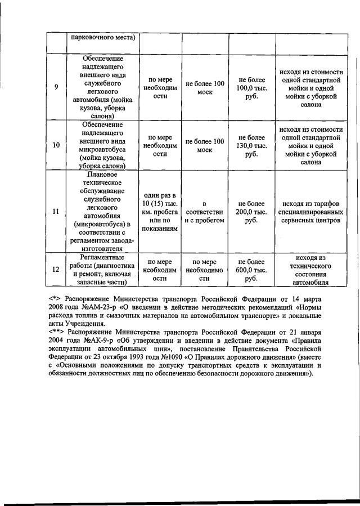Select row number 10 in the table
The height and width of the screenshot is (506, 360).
tap(56, 145)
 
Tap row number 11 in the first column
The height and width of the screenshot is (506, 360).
tap(56, 212)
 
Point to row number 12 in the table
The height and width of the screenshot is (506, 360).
tap(56, 270)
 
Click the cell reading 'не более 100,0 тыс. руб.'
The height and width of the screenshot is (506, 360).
tap(251, 88)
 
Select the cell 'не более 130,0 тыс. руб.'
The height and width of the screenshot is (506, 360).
tap(251, 145)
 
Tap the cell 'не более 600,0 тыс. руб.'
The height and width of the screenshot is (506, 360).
tap(251, 270)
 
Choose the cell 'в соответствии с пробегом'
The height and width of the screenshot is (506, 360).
tap(205, 212)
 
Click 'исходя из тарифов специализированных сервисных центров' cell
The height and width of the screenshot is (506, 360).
tap(310, 212)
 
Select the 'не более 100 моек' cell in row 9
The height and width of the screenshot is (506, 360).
tap(205, 88)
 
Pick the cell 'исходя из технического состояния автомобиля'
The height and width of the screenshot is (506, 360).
tap(310, 270)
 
